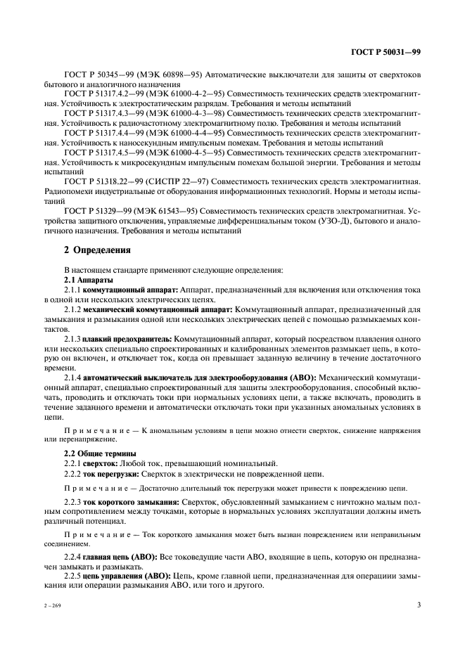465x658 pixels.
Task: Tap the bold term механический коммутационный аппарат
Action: point(155,309)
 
